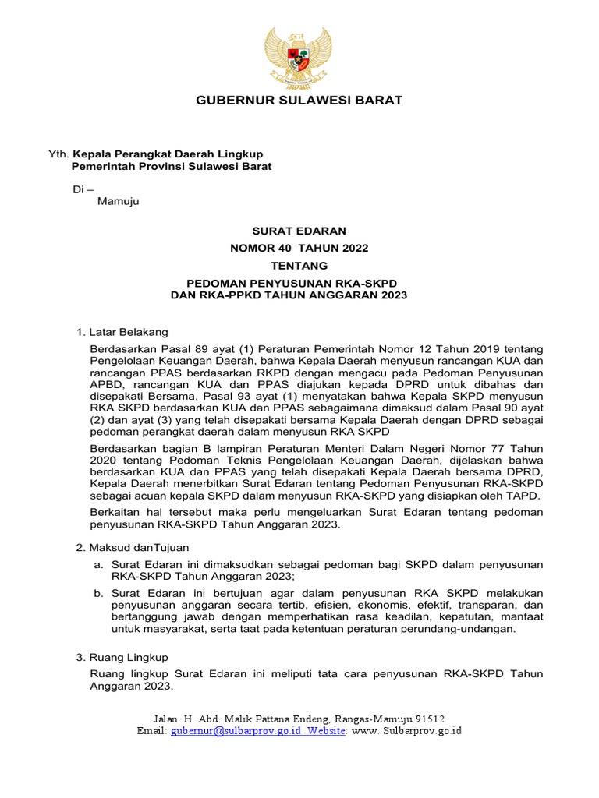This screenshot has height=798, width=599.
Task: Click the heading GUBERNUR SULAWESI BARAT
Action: pos(299,101)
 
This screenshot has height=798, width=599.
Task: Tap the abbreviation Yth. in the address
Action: pos(59,154)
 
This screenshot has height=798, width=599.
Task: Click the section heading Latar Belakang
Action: pos(129,333)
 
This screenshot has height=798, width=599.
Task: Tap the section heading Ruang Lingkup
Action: pos(129,658)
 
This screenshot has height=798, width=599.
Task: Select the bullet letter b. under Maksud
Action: pos(99,593)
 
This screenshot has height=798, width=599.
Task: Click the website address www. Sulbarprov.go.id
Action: pos(408,731)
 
